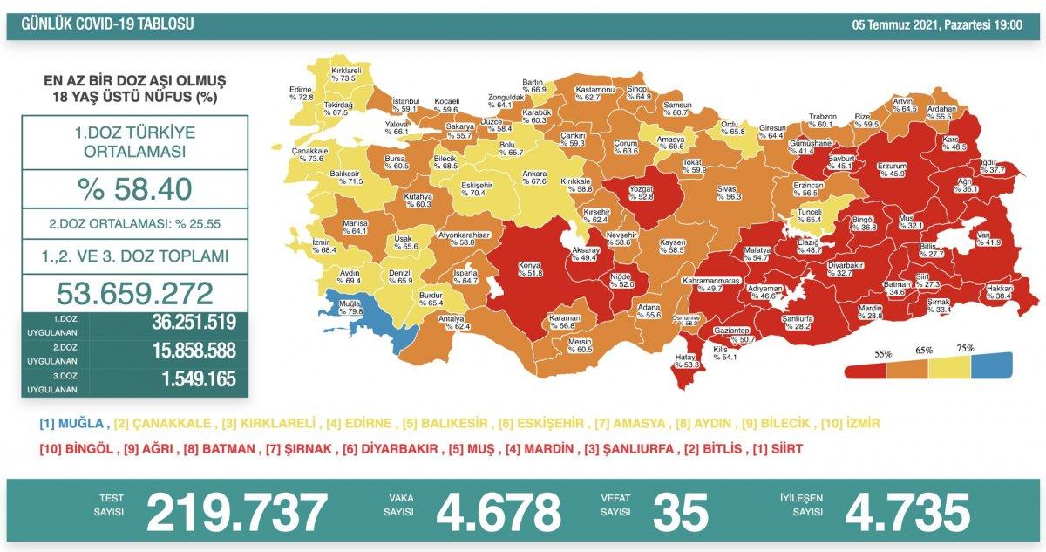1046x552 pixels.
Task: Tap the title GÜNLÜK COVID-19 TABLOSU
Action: pyautogui.click(x=103, y=24)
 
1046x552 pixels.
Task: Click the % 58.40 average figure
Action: pyautogui.click(x=135, y=188)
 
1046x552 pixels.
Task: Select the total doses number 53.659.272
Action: pyautogui.click(x=135, y=291)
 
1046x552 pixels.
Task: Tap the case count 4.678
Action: pyautogui.click(x=499, y=512)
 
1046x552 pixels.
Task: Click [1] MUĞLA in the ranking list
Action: pyautogui.click(x=72, y=424)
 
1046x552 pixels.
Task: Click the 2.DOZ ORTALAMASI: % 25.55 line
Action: pyautogui.click(x=135, y=223)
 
